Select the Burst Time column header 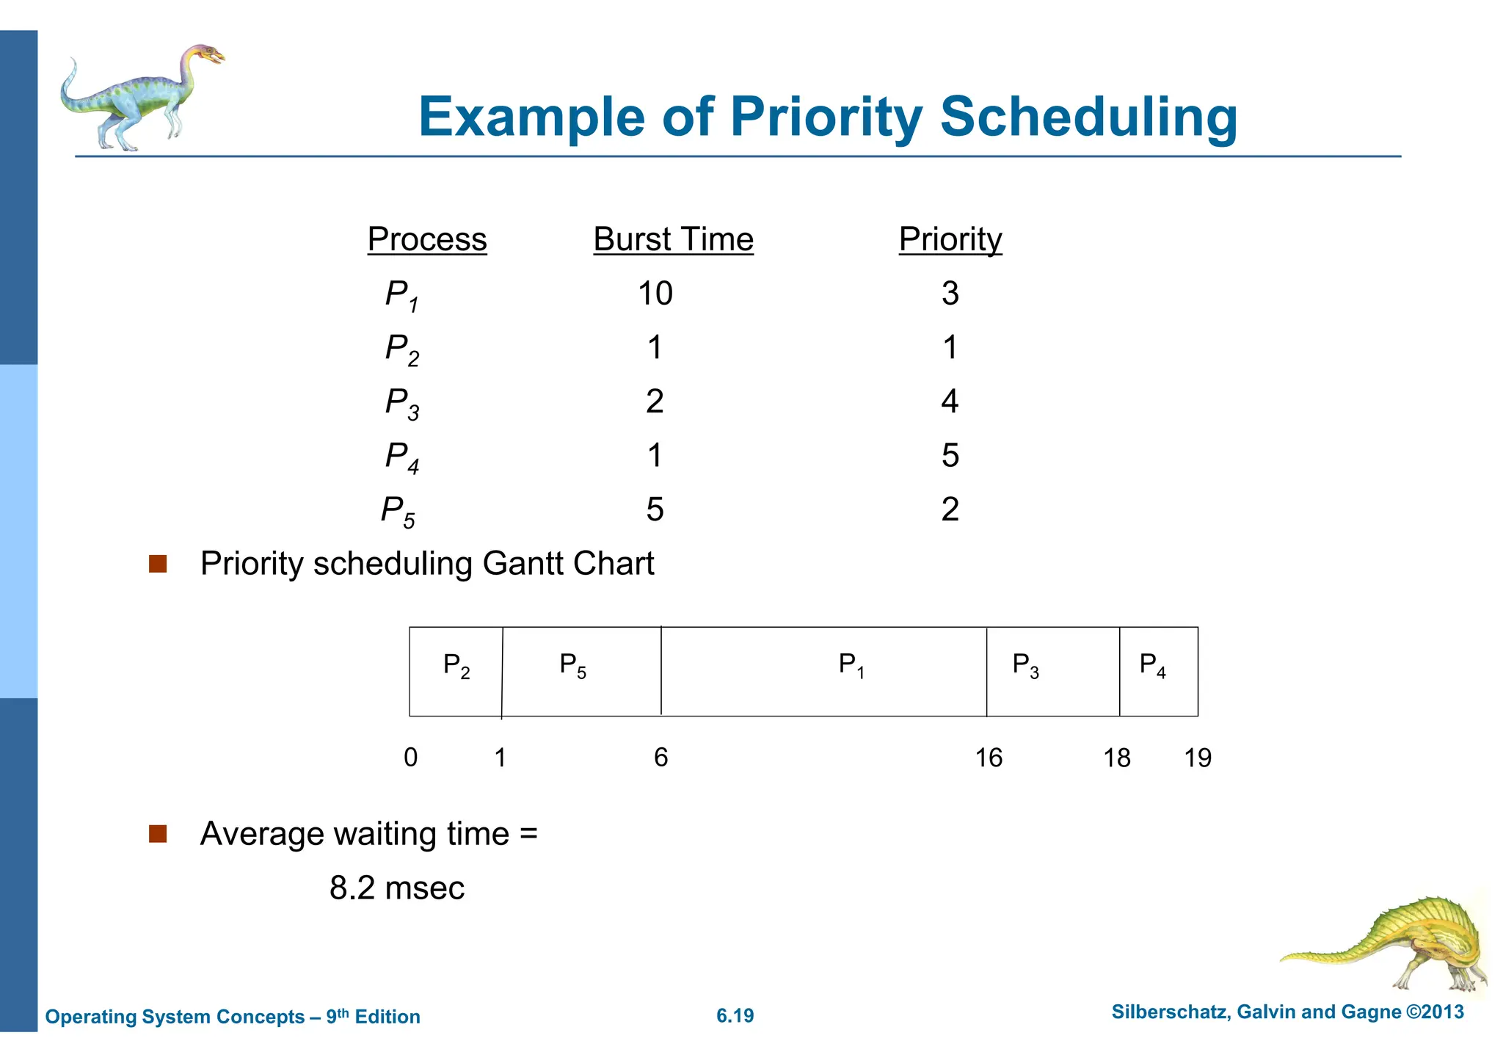[x=673, y=239]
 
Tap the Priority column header [x=950, y=239]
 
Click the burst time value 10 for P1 [x=655, y=294]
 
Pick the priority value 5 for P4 [x=950, y=456]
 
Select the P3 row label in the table [x=402, y=403]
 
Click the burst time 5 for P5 [x=655, y=509]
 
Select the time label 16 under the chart [x=989, y=758]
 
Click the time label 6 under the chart [x=660, y=758]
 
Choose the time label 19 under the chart [x=1198, y=758]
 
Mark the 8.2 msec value [x=396, y=888]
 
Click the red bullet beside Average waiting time [x=158, y=834]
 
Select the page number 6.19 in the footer [x=735, y=1016]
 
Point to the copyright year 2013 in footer [x=1442, y=1012]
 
